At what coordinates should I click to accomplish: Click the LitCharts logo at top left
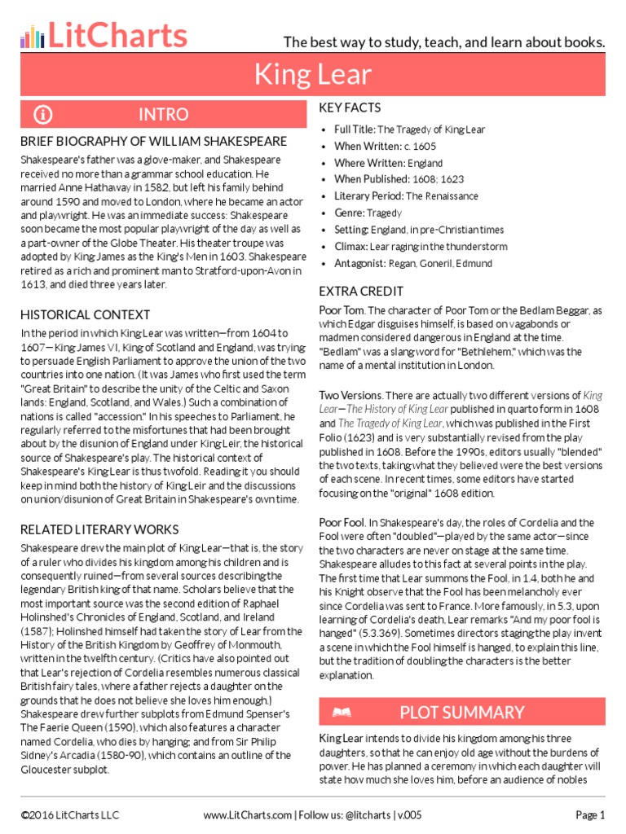click(104, 36)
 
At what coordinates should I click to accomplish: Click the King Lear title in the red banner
click(312, 75)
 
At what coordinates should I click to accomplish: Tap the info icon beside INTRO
click(43, 114)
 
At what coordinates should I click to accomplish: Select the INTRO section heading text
click(163, 114)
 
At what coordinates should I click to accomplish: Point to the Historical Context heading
click(86, 314)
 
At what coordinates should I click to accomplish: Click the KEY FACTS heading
click(350, 108)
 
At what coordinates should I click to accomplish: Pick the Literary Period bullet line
click(406, 196)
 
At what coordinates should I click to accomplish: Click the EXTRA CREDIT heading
click(361, 291)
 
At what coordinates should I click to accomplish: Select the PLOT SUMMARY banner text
click(462, 713)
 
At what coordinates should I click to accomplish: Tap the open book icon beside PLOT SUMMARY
click(342, 713)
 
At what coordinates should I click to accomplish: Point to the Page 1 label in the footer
click(590, 814)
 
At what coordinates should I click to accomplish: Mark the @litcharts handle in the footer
click(365, 814)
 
